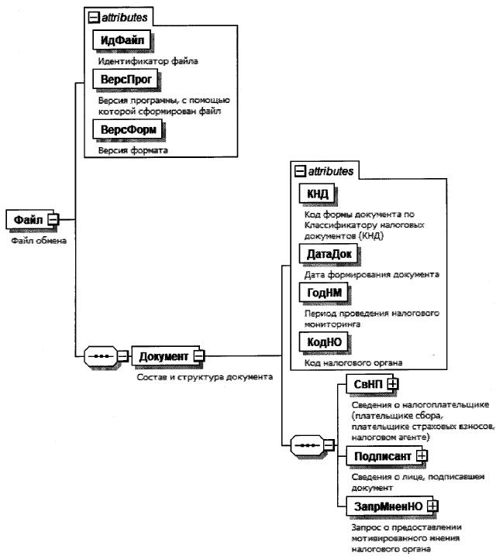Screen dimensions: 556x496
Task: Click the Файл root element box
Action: [27, 221]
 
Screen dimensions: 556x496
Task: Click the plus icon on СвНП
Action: [393, 383]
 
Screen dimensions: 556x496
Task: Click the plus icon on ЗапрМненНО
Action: [432, 505]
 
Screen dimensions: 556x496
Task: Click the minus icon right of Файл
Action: [53, 221]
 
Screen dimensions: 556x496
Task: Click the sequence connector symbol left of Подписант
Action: [301, 447]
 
